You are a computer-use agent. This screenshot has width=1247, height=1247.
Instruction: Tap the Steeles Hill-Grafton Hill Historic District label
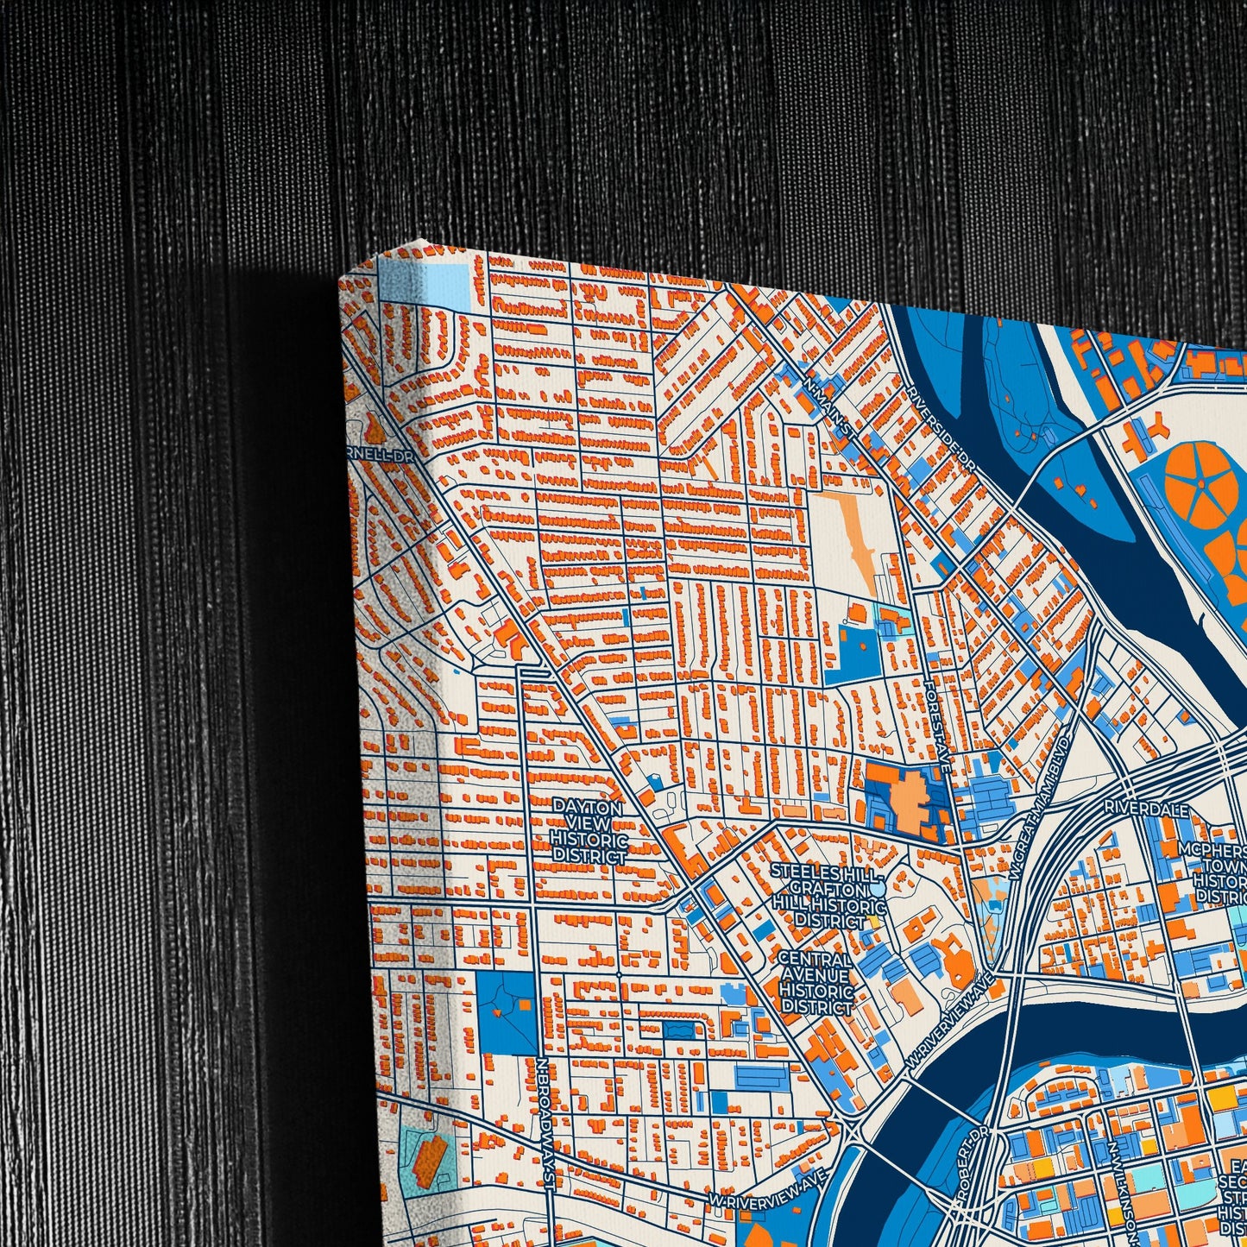point(828,895)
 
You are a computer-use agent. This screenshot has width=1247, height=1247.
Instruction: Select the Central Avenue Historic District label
point(816,984)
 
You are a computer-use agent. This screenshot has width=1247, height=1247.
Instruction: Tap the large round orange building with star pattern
point(1200,480)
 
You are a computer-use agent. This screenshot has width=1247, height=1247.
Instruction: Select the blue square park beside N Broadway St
point(507,1012)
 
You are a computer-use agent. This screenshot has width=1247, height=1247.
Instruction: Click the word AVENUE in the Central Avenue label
point(816,975)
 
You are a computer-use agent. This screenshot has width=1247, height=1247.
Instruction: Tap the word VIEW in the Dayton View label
point(589,823)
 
